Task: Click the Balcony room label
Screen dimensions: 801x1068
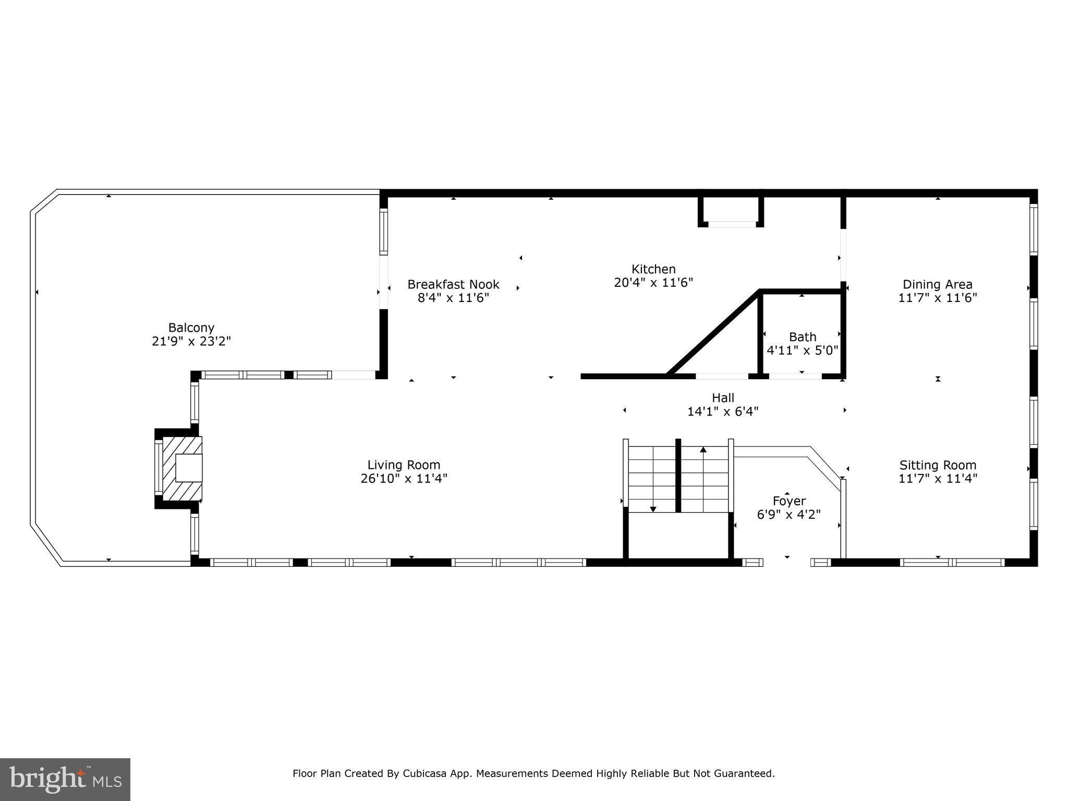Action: tap(191, 327)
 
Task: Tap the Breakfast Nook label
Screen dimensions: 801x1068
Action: tap(453, 284)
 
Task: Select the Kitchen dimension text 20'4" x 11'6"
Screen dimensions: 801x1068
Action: tap(653, 283)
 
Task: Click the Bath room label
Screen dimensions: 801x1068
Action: tap(802, 336)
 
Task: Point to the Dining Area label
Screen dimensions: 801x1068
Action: tap(937, 284)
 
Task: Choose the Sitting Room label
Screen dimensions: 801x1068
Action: tap(937, 465)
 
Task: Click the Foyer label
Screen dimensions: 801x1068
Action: tap(788, 501)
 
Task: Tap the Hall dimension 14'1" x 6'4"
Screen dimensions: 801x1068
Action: tap(722, 411)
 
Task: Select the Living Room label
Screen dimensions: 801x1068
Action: tap(404, 465)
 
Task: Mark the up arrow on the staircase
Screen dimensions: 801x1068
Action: tap(703, 450)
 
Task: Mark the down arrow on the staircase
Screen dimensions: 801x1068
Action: tap(653, 508)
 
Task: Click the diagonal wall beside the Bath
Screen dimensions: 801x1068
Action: tap(713, 332)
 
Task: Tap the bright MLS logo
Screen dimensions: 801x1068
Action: tap(65, 780)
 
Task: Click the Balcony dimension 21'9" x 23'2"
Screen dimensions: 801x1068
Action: tap(191, 342)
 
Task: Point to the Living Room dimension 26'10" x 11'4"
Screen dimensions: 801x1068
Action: tap(404, 478)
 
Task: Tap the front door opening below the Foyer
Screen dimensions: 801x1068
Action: tap(786, 562)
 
